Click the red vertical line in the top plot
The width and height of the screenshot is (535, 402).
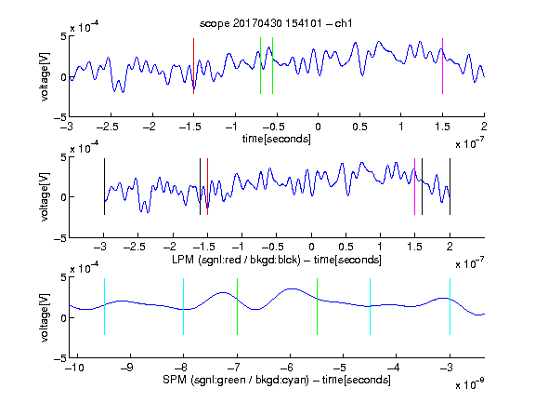[x=193, y=66]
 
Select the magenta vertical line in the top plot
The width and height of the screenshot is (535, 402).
[x=442, y=66]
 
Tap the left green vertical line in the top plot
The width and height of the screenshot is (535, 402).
[x=260, y=66]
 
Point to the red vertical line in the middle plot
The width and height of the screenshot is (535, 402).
[x=207, y=187]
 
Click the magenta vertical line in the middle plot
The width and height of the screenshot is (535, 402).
[x=414, y=187]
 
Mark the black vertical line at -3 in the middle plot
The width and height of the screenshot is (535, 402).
[x=104, y=187]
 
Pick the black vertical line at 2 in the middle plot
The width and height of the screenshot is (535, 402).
[x=450, y=187]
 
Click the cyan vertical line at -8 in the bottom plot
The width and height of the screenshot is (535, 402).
[x=184, y=307]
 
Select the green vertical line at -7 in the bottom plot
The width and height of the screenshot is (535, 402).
[x=237, y=307]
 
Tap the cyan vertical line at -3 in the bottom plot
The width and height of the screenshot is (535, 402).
[x=450, y=307]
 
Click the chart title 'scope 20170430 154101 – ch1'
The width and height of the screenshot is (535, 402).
[x=276, y=23]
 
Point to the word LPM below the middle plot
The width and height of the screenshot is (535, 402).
[x=183, y=260]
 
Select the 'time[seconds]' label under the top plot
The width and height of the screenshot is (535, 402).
[x=277, y=139]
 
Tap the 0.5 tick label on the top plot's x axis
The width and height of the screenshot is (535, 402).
[x=359, y=127]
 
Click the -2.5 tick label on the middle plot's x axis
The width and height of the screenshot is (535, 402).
[x=134, y=247]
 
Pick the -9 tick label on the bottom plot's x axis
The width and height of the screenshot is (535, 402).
[x=127, y=368]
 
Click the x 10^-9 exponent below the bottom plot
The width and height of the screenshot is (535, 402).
[x=470, y=384]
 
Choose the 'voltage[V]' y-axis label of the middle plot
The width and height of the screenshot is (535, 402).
[x=45, y=197]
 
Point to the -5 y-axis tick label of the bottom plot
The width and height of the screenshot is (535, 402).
[x=60, y=358]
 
